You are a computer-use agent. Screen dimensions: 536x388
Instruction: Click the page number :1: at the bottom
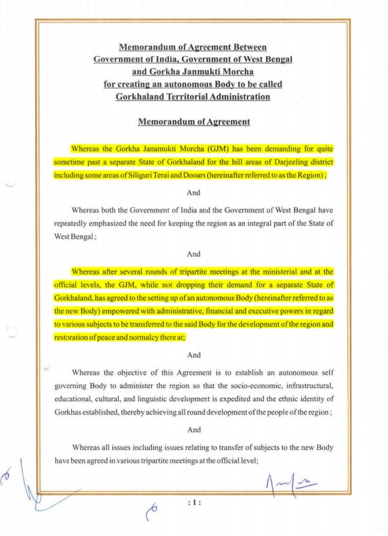pos(193,500)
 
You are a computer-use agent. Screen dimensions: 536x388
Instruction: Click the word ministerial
pos(272,272)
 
